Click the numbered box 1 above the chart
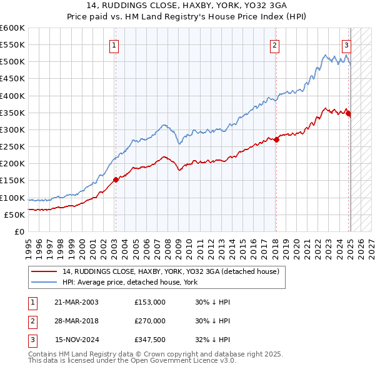pos(115,44)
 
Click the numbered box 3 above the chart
pos(346,44)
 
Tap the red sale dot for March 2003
pos(116,179)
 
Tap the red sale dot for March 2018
pos(276,139)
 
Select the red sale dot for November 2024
pos(348,113)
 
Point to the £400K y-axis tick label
pos(12,96)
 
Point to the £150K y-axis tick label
pos(12,181)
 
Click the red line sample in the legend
pos(44,271)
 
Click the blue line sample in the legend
pos(44,282)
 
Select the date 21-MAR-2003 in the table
pos(76,301)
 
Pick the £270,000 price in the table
pos(150,321)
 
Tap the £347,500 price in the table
pos(150,340)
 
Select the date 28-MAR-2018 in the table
pos(76,321)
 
